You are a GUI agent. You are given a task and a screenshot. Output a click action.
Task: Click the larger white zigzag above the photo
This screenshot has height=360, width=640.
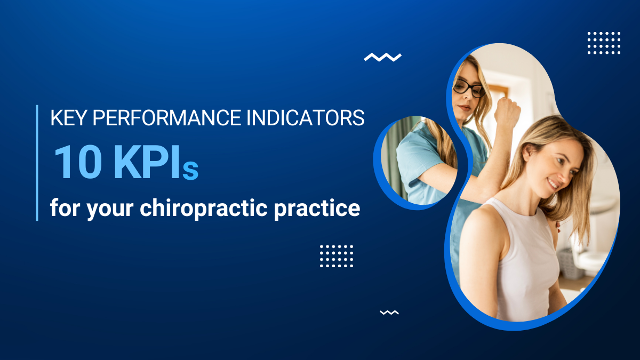382,57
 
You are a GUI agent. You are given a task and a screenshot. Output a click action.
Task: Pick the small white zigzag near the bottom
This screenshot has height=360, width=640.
389,313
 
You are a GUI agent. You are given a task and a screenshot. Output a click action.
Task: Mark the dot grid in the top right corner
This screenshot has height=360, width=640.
604,43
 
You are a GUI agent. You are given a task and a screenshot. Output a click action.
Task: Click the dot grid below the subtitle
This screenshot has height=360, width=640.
336,256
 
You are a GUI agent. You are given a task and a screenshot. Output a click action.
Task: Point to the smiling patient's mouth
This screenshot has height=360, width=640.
553,185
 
